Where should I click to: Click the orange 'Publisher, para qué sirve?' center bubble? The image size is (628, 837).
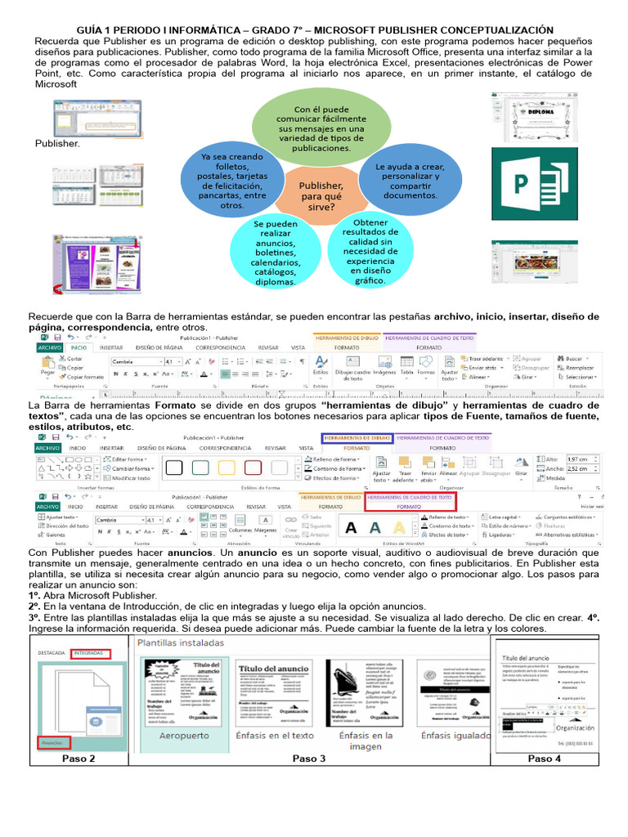pos(321,195)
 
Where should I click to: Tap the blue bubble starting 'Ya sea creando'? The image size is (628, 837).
pos(231,181)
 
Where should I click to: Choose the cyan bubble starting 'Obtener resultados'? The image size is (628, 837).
pos(371,251)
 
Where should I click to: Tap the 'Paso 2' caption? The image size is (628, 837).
pos(78,759)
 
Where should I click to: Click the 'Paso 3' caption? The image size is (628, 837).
pos(309,759)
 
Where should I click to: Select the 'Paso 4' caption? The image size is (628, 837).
pos(545,759)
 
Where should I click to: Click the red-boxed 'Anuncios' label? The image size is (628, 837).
pos(52,742)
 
